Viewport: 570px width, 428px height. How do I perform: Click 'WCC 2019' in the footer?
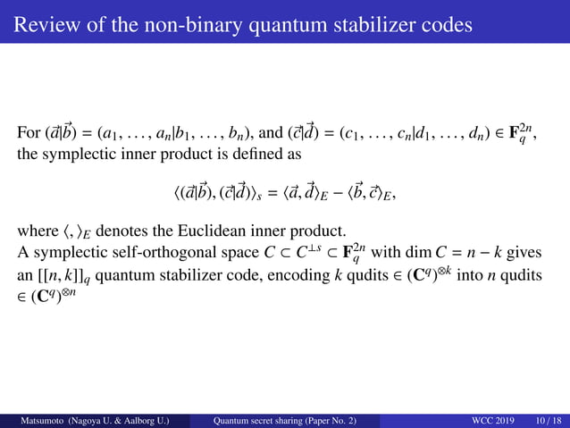point(490,419)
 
